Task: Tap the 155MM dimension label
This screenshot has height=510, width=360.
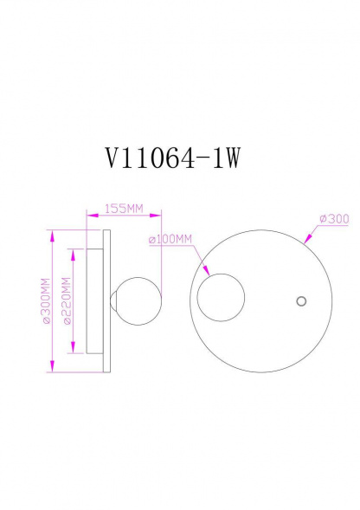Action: pyautogui.click(x=123, y=209)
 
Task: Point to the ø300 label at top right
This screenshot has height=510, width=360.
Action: pyautogui.click(x=334, y=219)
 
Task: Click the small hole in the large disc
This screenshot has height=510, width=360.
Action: pyautogui.click(x=301, y=300)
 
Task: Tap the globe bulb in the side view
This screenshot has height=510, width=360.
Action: pyautogui.click(x=137, y=300)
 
